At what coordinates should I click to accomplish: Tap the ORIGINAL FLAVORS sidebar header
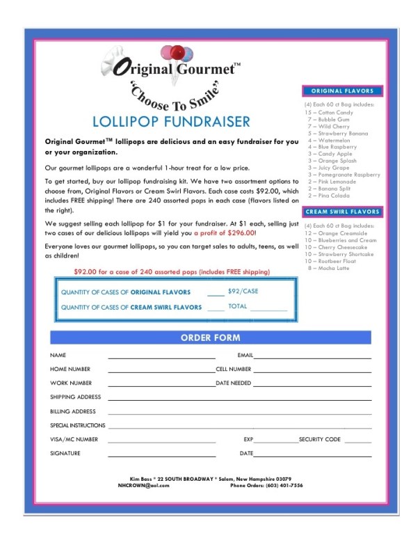point(342,91)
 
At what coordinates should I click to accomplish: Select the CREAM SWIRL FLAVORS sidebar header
point(342,212)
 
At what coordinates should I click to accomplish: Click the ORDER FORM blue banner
point(210,338)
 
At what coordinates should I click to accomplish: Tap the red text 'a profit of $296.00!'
point(225,232)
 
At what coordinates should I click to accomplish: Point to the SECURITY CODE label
point(319,440)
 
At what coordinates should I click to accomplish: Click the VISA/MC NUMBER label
point(74,440)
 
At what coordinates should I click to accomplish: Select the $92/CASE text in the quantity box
point(242,291)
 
